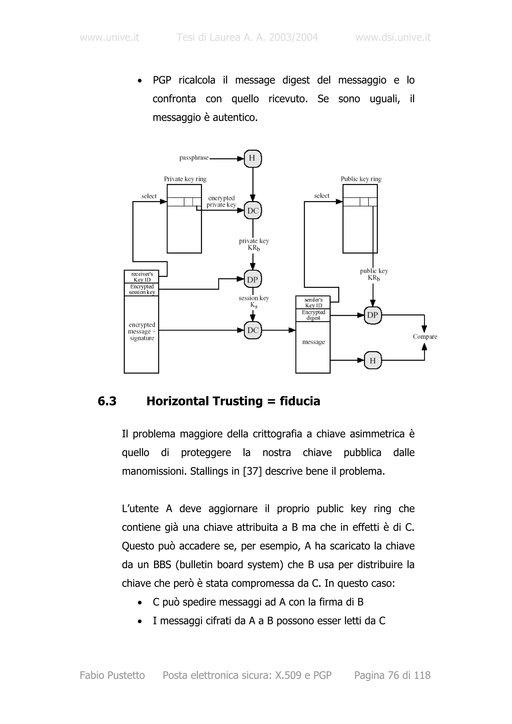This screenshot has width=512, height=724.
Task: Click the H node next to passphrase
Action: coord(253,158)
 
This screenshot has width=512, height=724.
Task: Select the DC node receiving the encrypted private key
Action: coord(253,210)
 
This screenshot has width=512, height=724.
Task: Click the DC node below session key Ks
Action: coord(253,330)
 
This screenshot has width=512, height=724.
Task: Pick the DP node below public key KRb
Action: coord(372,315)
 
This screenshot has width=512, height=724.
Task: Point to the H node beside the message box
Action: coord(372,361)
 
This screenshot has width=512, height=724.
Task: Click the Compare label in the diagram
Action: coord(424,337)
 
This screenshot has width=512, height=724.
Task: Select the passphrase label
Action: coord(194,158)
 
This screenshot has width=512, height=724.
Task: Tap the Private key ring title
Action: coord(185,179)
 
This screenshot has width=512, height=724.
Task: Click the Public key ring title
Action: coord(361,179)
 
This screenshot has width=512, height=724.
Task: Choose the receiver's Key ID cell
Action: coord(142,277)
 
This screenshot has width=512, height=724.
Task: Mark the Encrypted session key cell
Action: coord(142,289)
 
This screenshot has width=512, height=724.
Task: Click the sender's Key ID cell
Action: coord(313,302)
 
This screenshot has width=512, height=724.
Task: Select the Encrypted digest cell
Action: coord(313,315)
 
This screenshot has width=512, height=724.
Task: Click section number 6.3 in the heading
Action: coord(107,401)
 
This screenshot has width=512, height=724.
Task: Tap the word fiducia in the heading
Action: coord(300,401)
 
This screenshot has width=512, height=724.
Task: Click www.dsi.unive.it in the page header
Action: coord(393,37)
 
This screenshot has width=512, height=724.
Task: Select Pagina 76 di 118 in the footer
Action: coord(392,675)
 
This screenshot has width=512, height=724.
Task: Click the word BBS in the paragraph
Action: coord(162,564)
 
